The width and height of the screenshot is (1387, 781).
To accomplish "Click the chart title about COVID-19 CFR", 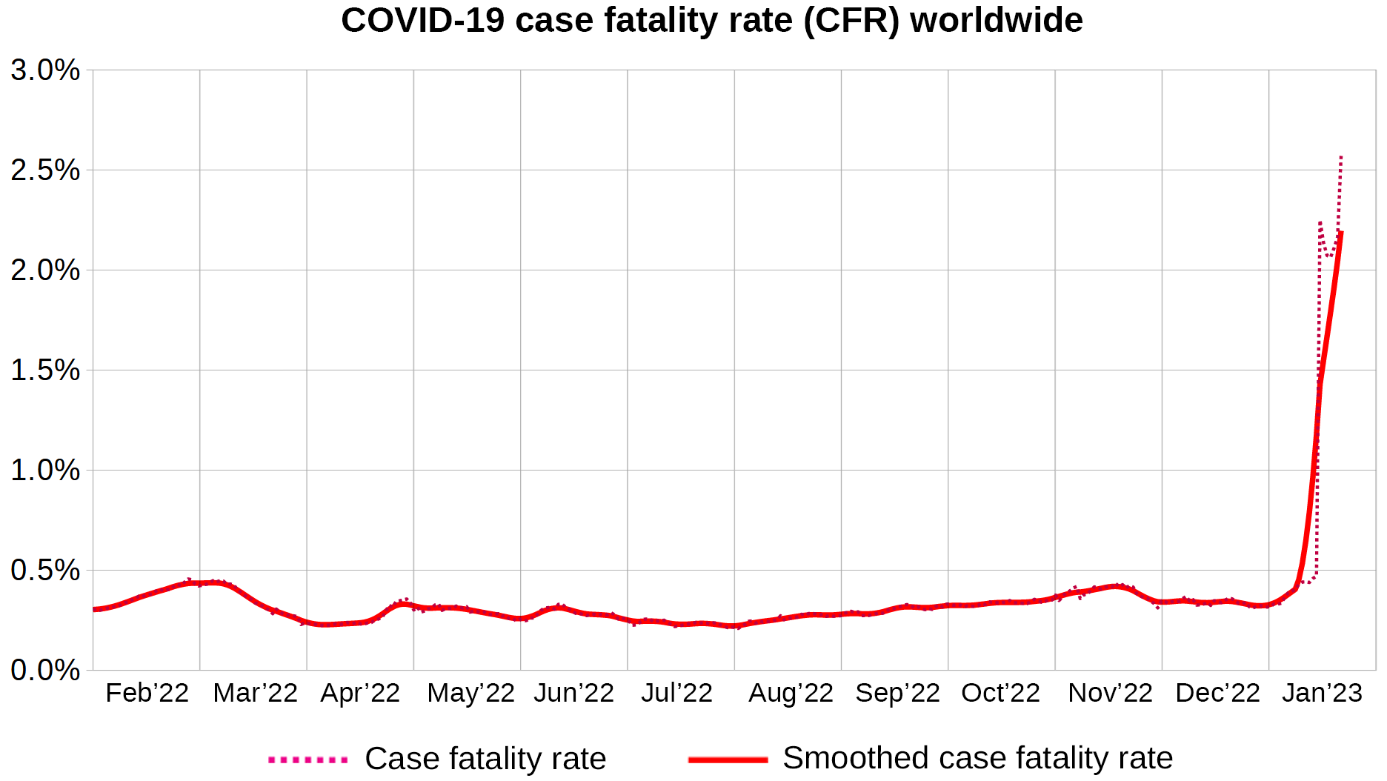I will coord(711,21).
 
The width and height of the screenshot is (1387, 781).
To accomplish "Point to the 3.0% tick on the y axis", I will coord(45,71).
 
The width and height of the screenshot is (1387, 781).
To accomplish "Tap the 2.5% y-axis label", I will coord(45,170).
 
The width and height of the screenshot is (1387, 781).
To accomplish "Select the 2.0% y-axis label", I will coord(45,270).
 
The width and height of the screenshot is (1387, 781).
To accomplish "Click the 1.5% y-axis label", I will coord(45,370).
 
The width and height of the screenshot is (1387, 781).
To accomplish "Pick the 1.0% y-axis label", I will coord(45,471).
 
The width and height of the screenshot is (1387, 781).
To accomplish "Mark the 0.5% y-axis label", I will coord(45,571).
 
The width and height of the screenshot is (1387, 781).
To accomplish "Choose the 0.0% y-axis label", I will coord(45,671).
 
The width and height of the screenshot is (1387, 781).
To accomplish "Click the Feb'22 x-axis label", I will coord(147,694).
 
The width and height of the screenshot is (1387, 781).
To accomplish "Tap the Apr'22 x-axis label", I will coord(360,694).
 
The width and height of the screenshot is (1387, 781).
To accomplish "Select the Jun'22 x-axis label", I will coord(573,694).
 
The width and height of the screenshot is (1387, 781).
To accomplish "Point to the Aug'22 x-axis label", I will coord(791,694).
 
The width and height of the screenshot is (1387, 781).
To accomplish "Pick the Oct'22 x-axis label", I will coord(1000,694).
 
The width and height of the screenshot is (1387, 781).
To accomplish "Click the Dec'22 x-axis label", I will coord(1217,694).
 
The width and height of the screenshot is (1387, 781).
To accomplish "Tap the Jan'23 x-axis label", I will coord(1322,694).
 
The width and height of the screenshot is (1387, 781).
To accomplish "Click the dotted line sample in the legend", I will coord(307,760).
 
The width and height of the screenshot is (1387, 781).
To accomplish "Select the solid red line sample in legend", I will coord(728,760).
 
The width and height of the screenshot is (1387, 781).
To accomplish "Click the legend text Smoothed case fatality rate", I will coord(977,759).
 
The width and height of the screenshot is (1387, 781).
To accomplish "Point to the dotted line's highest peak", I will coord(1341,156).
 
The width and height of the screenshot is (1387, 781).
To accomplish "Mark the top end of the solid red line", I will coord(1341,233).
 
